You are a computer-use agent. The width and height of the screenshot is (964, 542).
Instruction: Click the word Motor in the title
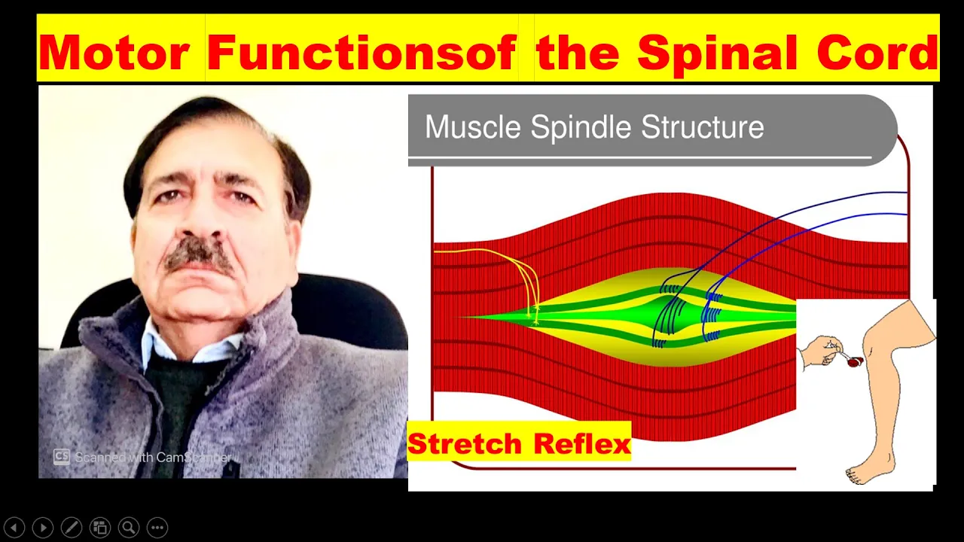[114, 53]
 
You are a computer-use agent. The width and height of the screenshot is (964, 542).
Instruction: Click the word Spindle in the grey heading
[581, 127]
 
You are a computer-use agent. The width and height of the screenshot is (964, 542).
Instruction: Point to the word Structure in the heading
[703, 127]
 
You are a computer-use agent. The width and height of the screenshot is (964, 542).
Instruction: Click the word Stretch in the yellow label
[465, 443]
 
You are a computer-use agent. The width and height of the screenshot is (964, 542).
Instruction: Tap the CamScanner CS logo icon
[62, 457]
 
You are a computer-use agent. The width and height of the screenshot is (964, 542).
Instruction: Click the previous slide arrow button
[14, 528]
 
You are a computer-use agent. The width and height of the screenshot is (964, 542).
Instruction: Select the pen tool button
[72, 528]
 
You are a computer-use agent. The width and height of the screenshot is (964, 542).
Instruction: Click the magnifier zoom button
[129, 528]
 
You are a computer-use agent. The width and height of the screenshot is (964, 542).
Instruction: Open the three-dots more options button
[157, 528]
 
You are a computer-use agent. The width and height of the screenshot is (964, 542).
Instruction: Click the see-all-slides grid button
[100, 528]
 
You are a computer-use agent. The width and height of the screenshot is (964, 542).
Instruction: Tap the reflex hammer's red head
[855, 362]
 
